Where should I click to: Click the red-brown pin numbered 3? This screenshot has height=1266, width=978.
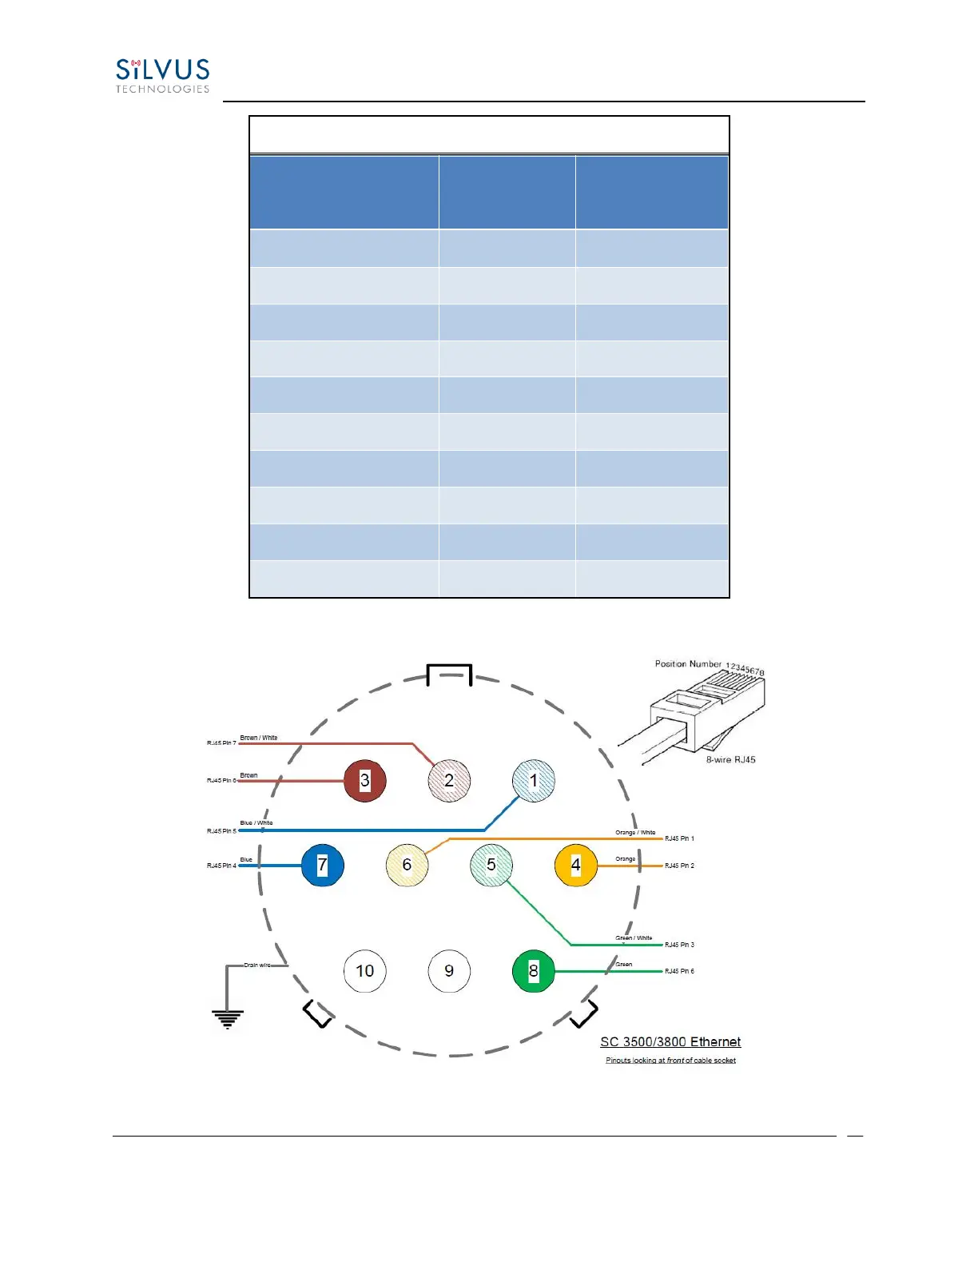pos(365,781)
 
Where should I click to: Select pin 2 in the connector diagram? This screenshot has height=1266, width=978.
pos(449,781)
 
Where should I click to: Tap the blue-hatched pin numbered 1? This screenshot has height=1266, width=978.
pos(534,781)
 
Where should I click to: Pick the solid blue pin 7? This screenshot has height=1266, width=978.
pos(323,866)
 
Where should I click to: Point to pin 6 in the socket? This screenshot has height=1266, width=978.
pos(407,866)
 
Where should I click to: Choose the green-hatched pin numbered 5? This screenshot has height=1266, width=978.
pos(491,866)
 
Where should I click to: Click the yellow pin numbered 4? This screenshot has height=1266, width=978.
pos(575,866)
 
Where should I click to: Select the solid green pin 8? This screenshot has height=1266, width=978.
pos(534,971)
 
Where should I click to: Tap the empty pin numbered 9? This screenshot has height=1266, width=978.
pos(449,971)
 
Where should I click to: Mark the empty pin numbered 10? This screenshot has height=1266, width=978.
pos(365,971)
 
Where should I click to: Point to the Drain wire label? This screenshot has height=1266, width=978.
pos(257,965)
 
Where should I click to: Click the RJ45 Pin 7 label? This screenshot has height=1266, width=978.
pos(221,743)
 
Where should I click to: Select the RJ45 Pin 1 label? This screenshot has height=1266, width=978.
pos(679,839)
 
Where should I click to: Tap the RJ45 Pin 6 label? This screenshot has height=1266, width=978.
pos(679,972)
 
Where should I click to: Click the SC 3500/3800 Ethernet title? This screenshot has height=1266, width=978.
pos(670,1042)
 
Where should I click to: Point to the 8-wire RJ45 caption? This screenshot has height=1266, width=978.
pos(730,760)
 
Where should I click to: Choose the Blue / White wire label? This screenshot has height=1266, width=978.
pos(256,823)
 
